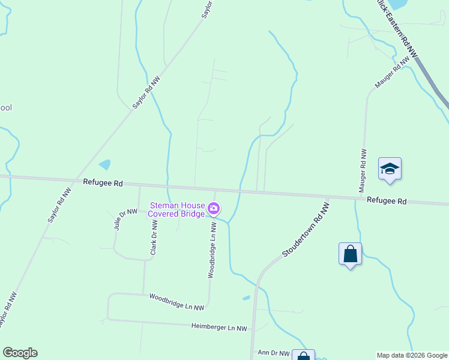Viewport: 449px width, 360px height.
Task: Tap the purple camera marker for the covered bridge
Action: [214, 209]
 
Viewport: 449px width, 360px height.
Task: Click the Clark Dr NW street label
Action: [154, 238]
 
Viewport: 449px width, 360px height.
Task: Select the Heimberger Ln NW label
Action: [219, 328]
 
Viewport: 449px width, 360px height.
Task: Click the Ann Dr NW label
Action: [273, 353]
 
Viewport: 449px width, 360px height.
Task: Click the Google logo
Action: [20, 353]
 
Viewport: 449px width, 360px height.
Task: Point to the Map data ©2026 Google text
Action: [411, 355]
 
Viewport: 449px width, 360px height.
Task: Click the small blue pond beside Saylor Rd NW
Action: [104, 164]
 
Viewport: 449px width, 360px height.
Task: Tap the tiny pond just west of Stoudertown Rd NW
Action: [246, 298]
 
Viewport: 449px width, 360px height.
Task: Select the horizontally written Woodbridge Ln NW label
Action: [176, 301]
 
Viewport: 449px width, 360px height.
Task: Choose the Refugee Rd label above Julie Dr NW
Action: [103, 182]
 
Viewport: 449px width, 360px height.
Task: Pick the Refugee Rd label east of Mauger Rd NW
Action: [387, 201]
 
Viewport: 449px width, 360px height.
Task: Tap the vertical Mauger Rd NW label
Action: [363, 170]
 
